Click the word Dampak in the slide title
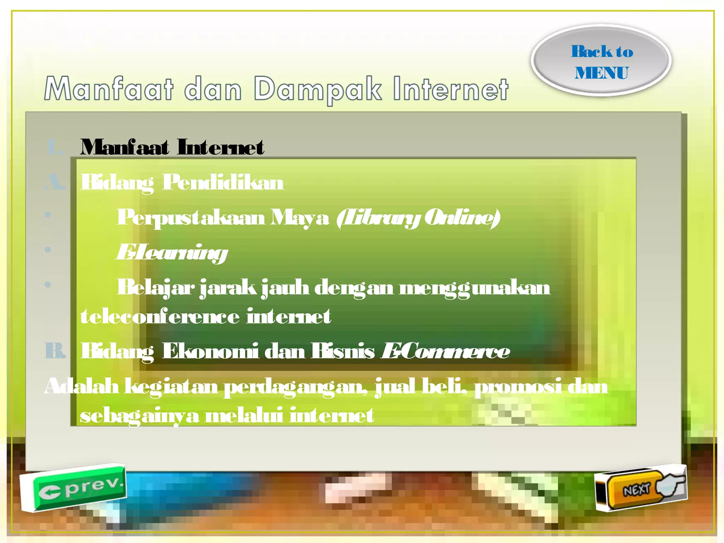click(317, 89)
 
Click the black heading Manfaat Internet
click(172, 147)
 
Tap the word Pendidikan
click(223, 182)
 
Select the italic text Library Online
click(418, 217)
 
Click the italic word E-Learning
click(172, 252)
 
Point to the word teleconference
click(160, 316)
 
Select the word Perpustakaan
click(191, 217)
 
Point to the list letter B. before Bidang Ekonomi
click(55, 351)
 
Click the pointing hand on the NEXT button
click(670, 485)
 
